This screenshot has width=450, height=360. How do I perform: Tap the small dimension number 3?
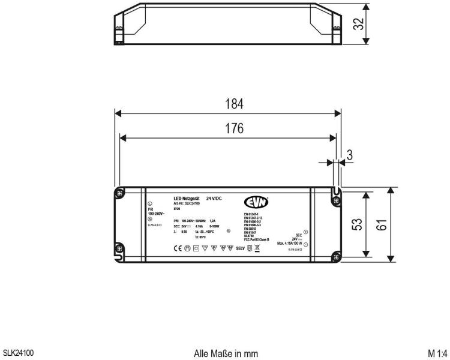coord(350,156)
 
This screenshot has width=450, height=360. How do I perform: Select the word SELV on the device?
coord(241,246)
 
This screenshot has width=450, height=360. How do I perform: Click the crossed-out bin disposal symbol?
coord(257,246)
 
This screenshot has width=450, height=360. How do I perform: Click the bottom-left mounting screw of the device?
coord(119,248)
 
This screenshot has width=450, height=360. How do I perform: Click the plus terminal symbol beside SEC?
coord(305,232)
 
